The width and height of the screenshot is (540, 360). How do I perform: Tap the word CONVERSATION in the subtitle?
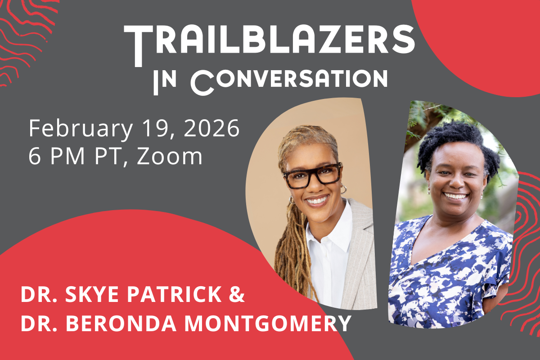click(290, 80)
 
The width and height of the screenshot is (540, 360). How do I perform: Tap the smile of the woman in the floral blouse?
click(456, 196)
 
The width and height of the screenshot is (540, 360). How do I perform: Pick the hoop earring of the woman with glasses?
click(343, 190)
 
